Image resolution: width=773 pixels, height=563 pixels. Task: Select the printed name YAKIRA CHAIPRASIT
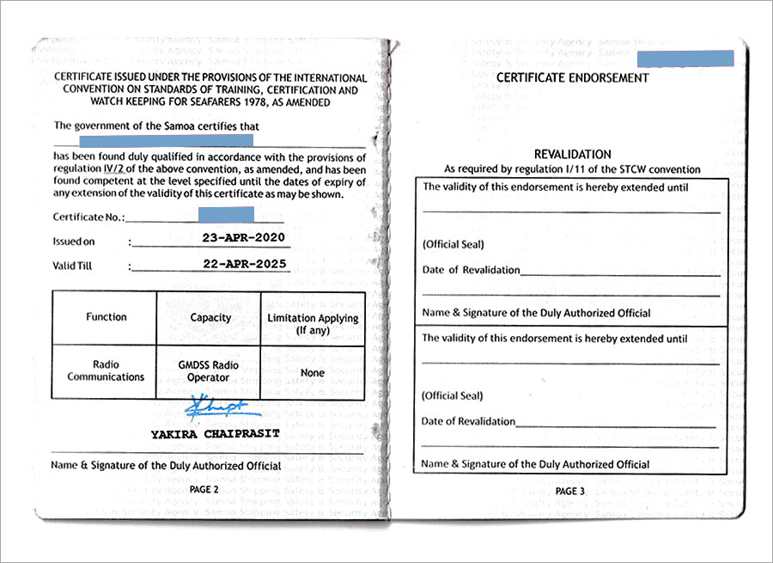click(x=215, y=433)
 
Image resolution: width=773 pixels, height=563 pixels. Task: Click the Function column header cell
click(x=106, y=317)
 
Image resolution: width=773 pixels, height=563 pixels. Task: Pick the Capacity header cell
click(x=210, y=317)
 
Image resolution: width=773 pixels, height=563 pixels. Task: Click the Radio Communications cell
click(x=106, y=370)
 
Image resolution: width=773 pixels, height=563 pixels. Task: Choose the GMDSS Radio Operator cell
click(x=209, y=370)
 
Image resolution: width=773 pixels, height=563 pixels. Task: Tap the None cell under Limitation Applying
click(x=313, y=373)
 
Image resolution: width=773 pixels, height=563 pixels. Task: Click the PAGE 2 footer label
click(x=204, y=489)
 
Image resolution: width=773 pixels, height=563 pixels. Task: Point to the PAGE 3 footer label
click(x=569, y=491)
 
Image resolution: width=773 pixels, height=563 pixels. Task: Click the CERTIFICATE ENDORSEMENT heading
click(x=573, y=77)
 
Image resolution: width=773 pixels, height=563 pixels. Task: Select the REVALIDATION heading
click(x=572, y=154)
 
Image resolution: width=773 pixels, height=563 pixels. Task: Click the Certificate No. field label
click(x=88, y=217)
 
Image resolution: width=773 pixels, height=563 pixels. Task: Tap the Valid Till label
click(x=72, y=266)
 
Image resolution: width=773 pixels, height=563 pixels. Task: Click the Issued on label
click(x=74, y=242)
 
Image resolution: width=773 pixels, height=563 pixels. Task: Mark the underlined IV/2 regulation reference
click(x=101, y=170)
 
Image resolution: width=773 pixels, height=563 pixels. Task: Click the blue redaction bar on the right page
click(x=685, y=58)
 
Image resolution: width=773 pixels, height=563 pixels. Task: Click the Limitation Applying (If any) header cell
click(x=313, y=323)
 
